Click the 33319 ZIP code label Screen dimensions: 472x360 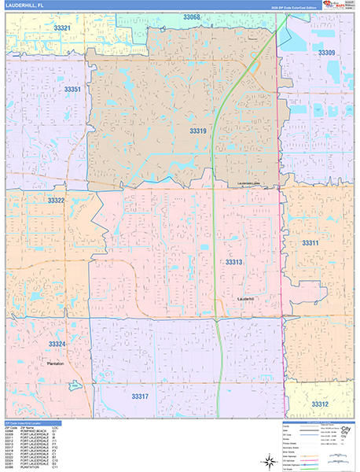198,131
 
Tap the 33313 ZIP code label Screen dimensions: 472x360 234,262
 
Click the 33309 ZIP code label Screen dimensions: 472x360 326,53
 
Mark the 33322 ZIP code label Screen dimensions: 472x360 56,201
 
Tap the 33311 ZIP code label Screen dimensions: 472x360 310,244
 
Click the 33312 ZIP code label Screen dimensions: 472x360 320,404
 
